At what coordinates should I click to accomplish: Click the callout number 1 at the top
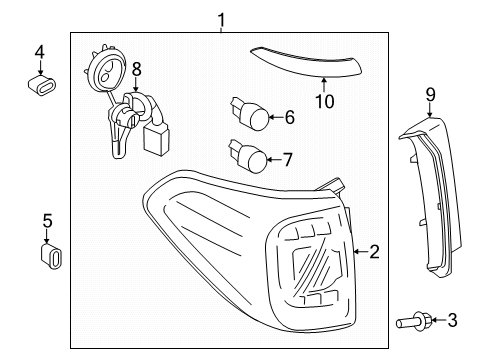222,18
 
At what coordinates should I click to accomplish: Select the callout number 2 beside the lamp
374,252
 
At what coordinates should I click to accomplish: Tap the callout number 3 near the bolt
452,320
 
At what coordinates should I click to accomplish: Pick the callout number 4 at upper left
39,51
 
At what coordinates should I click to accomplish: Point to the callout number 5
46,220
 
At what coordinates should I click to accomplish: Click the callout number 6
289,117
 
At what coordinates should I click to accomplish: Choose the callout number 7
289,158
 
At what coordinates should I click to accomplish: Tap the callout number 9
431,94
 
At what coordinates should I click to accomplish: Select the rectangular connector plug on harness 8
156,139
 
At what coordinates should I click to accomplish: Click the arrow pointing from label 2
357,252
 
